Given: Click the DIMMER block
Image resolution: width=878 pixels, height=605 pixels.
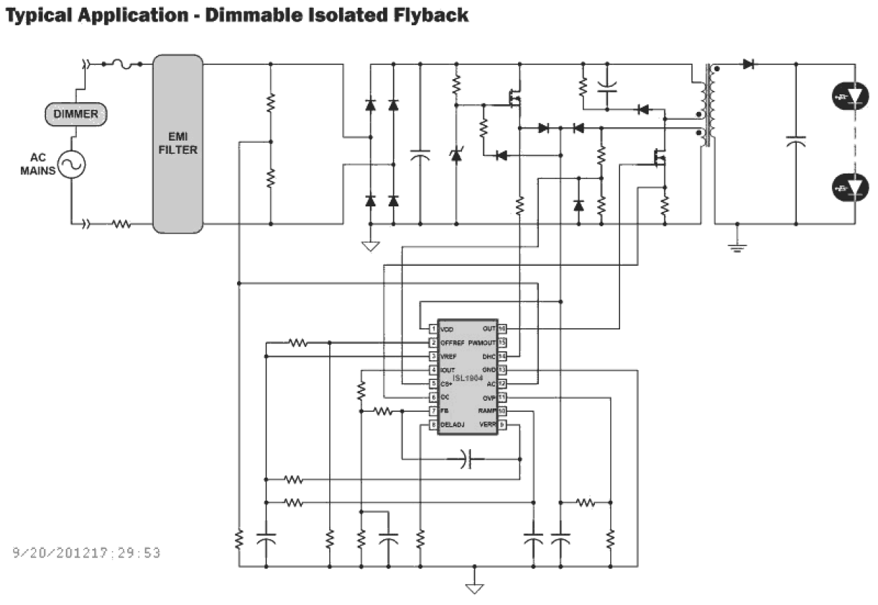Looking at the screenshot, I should point(76,114).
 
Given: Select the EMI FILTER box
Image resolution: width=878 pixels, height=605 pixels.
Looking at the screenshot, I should point(178,145).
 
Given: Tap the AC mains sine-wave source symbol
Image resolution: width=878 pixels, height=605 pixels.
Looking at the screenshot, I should point(71,166).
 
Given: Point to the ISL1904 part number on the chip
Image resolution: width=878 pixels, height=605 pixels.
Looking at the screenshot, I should point(468,378).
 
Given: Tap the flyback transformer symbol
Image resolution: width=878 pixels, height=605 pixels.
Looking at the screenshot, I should point(706,105).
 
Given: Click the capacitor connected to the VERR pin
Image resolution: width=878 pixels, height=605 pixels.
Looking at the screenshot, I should point(467,460).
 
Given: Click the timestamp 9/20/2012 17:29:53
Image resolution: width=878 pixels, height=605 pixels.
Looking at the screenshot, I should point(87,553).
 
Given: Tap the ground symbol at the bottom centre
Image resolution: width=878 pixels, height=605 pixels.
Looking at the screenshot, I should point(475,588).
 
